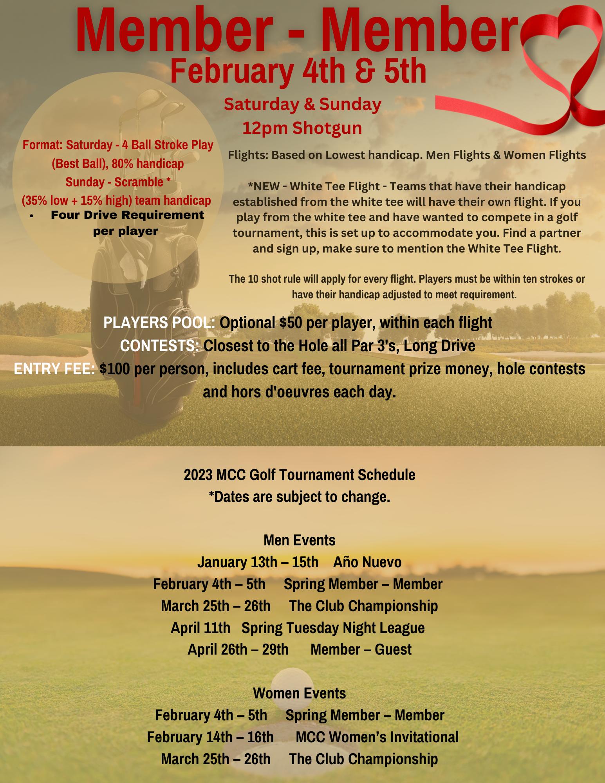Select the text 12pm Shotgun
pyautogui.click(x=302, y=128)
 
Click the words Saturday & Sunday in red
pyautogui.click(x=302, y=105)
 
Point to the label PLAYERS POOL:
pyautogui.click(x=159, y=323)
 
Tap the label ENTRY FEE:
pyautogui.click(x=54, y=369)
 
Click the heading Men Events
pyautogui.click(x=300, y=540)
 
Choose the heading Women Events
pyautogui.click(x=300, y=693)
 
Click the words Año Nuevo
pyautogui.click(x=367, y=562)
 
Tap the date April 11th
pyautogui.click(x=200, y=628)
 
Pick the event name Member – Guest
pyautogui.click(x=361, y=649)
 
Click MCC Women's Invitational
pyautogui.click(x=377, y=737)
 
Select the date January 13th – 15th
pyautogui.click(x=258, y=562)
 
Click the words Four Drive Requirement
pyautogui.click(x=127, y=215)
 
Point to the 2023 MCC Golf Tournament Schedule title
pyautogui.click(x=300, y=475)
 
